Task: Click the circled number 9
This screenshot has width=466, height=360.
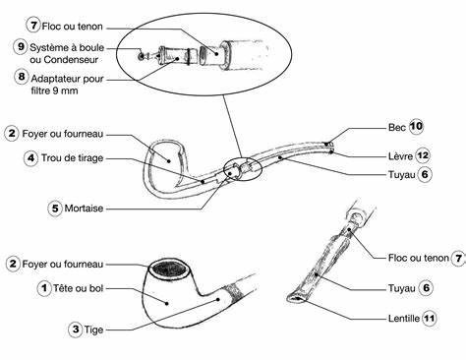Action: pos(21,46)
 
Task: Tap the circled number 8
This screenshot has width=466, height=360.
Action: pos(22,77)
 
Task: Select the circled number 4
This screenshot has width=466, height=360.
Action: pos(30,158)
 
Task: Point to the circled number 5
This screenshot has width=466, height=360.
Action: pos(55,208)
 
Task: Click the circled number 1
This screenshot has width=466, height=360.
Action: pos(44,288)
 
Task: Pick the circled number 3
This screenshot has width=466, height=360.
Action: pos(76,329)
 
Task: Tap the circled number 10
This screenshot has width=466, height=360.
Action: pos(416,127)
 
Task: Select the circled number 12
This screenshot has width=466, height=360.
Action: pos(423,155)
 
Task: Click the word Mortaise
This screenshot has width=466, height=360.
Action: pos(84,209)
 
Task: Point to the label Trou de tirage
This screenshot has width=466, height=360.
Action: pos(72,158)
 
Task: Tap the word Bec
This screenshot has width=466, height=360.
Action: pos(397,127)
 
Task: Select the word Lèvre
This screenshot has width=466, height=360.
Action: pos(400,156)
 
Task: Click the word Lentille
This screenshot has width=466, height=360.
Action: pos(404,318)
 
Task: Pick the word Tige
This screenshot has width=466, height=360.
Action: pos(93,330)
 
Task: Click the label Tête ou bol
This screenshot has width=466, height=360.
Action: pos(79,288)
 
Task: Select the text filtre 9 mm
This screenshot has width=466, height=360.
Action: pos(54,90)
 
